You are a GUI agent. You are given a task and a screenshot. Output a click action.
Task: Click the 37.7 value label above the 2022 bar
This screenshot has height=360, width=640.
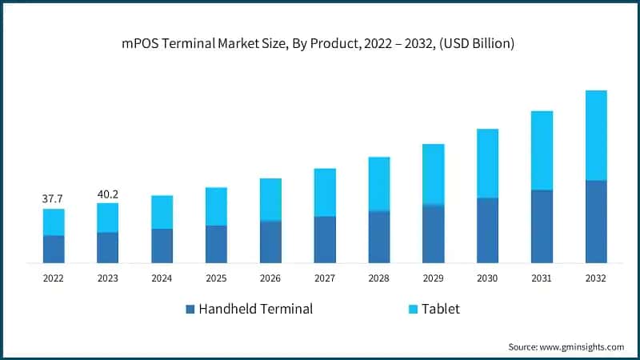(53, 198)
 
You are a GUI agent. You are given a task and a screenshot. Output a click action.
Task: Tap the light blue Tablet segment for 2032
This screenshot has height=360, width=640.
(596, 135)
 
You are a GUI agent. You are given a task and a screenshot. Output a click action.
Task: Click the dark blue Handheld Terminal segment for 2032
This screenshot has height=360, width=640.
(596, 222)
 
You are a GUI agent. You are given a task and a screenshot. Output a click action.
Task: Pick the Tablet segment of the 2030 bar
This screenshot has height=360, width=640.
(487, 163)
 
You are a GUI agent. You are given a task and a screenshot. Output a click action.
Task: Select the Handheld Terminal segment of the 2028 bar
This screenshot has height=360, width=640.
(379, 237)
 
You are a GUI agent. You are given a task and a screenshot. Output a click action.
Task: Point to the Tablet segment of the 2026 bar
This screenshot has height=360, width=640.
(270, 199)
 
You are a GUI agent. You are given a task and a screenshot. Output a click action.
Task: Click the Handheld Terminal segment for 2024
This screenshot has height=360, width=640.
(162, 246)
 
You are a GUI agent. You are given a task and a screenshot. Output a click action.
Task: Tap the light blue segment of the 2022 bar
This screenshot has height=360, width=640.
(54, 222)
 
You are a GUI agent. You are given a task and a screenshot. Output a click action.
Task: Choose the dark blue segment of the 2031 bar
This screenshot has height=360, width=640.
(542, 226)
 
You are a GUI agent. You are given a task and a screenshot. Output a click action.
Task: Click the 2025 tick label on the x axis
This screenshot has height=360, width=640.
(216, 278)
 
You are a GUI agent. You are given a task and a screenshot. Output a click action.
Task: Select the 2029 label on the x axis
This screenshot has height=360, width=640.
(433, 278)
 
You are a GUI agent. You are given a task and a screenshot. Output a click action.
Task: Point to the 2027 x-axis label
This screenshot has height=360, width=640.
(325, 278)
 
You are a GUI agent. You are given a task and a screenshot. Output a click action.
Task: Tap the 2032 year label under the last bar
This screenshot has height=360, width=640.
(596, 278)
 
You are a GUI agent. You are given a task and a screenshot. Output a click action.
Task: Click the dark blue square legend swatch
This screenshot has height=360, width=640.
(190, 309)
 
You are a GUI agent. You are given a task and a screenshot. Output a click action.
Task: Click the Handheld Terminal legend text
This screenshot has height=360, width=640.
(255, 309)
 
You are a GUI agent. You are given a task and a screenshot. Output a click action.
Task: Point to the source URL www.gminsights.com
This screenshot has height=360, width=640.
(582, 346)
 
